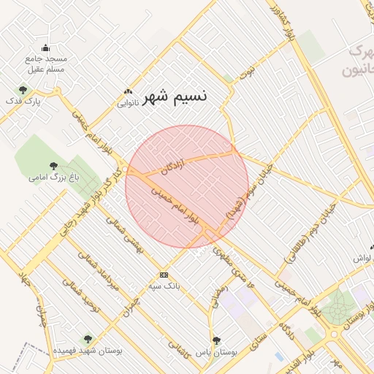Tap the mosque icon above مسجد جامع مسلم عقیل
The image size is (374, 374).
coord(46,47)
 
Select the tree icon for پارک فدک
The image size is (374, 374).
coord(23,91)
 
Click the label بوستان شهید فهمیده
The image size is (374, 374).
coord(87,351)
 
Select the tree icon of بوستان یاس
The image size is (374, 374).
coord(216,340)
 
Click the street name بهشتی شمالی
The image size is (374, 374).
coord(126,234)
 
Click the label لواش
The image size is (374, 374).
coord(363,259)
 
